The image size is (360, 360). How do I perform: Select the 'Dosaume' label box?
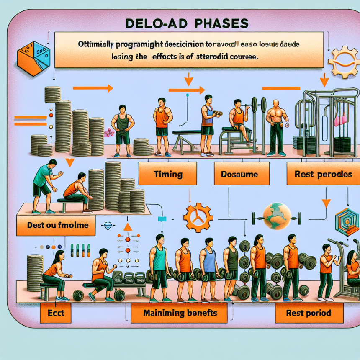click(x=242, y=174)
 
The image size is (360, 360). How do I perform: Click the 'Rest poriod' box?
click(x=309, y=313)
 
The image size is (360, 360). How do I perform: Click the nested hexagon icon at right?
click(x=347, y=222)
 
